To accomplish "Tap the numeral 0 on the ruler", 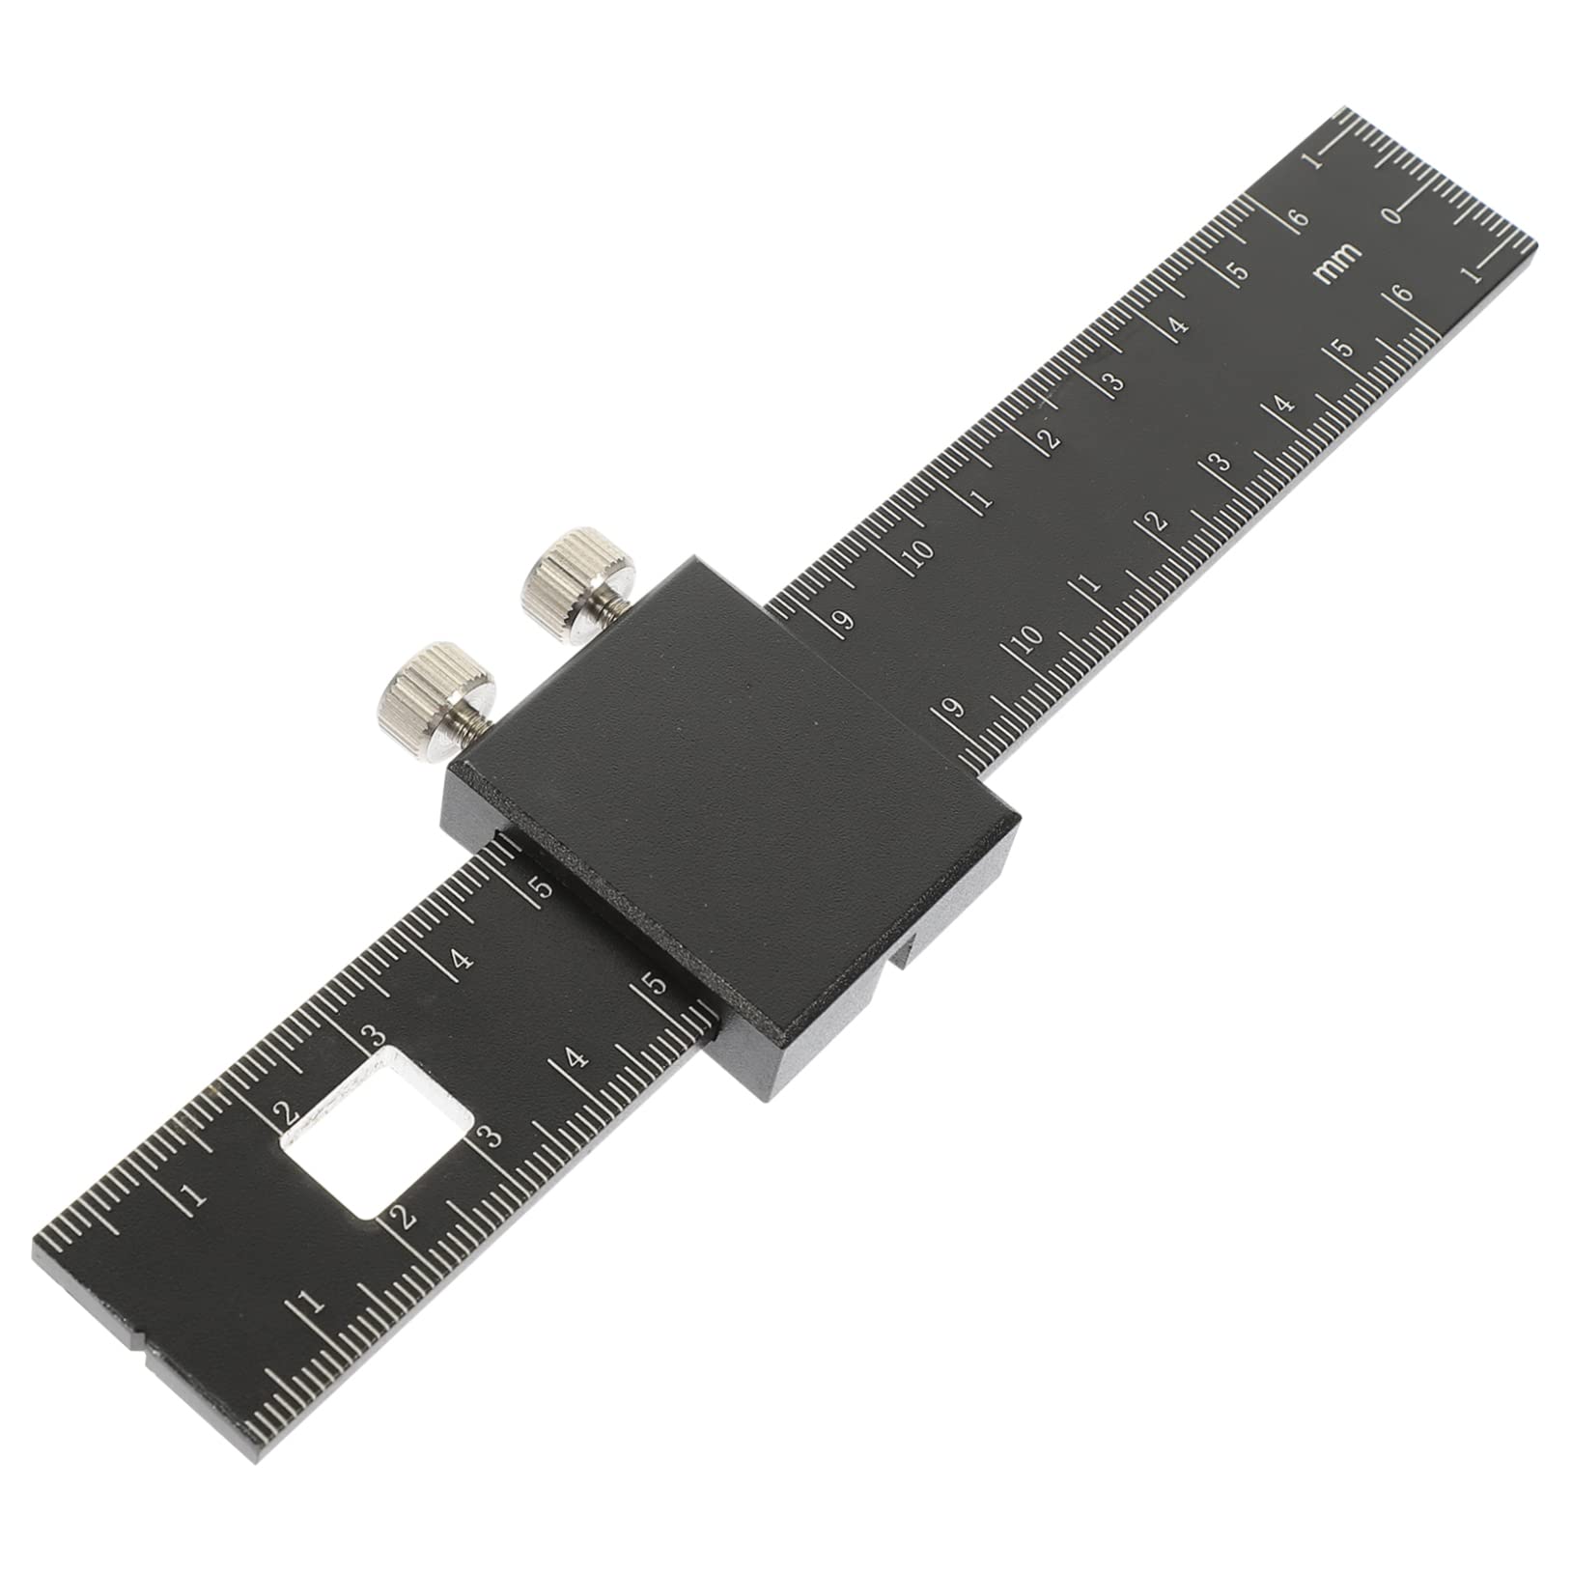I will pyautogui.click(x=1394, y=214).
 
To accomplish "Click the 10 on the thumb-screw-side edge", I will pyautogui.click(x=919, y=552).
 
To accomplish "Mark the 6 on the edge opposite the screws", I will pyautogui.click(x=1403, y=294).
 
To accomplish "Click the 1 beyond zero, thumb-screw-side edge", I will pyautogui.click(x=1315, y=160).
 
